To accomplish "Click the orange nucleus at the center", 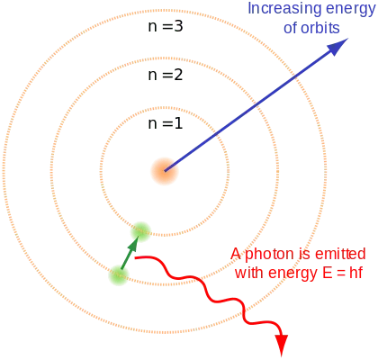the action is coord(165,171).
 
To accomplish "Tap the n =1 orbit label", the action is coord(166,123).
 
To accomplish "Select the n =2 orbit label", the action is coord(166,75).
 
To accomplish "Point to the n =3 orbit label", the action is coord(166,26).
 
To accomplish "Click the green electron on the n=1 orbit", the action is coord(140,232).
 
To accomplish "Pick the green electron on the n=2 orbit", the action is coord(119,275).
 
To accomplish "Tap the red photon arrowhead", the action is coord(282,346).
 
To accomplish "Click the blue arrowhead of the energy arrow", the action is coord(337,47).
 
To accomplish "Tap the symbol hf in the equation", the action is coord(356,273).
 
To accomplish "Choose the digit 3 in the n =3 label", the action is coord(178,26).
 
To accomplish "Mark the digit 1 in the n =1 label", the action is coord(178,123).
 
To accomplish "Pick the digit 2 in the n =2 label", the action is coord(178,75).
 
